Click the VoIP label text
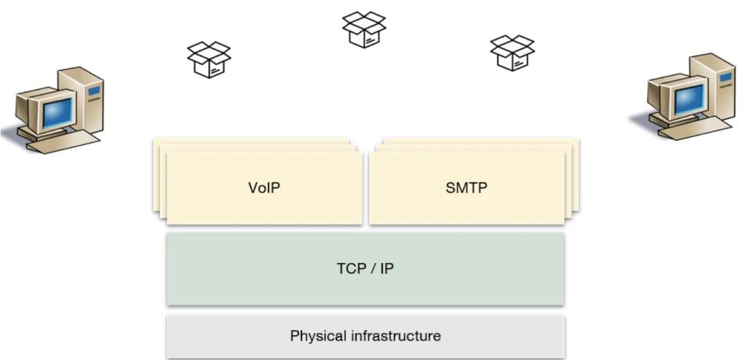click(x=264, y=187)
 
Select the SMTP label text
click(x=467, y=187)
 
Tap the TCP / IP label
click(x=365, y=268)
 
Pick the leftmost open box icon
click(x=209, y=59)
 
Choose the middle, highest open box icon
click(x=363, y=29)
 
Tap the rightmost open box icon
click(x=512, y=53)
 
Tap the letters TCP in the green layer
click(x=351, y=268)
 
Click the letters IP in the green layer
click(x=386, y=268)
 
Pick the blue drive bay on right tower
click(x=725, y=76)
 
